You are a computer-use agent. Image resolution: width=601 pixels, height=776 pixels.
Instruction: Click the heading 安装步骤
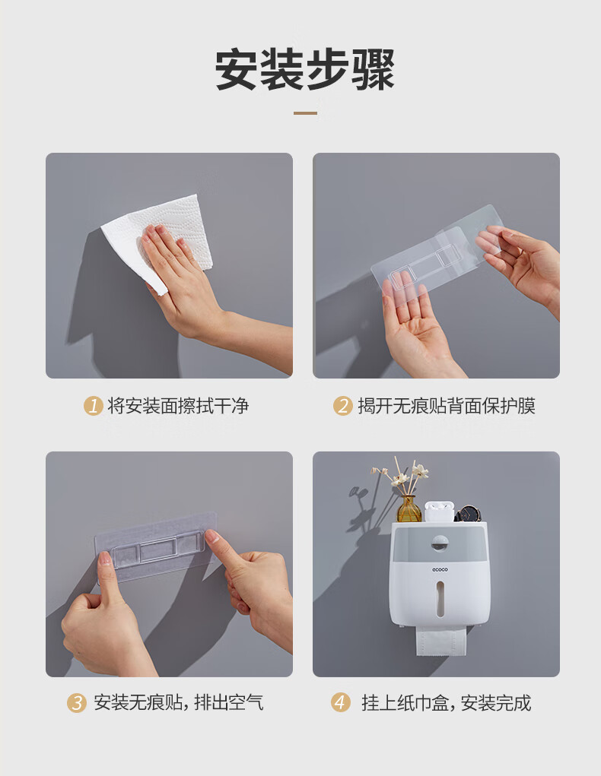pos(305,69)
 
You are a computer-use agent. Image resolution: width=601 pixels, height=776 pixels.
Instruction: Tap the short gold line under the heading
pos(305,113)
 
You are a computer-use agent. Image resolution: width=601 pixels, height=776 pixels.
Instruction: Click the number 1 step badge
pos(93,406)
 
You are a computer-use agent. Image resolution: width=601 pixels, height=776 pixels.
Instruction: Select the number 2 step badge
pos(342,406)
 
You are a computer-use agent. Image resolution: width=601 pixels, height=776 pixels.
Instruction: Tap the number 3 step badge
pos(77,703)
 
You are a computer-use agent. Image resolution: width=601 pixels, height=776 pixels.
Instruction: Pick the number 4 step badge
pos(340,703)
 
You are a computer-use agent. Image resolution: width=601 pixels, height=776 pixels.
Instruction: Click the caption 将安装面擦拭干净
pos(178,406)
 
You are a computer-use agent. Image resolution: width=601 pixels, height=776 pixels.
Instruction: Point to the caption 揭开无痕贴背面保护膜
pos(447,406)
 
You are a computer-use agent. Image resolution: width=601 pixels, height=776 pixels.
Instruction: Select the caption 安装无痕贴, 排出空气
pos(178,703)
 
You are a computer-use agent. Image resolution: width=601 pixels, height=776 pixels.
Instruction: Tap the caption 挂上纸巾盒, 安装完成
pos(446,703)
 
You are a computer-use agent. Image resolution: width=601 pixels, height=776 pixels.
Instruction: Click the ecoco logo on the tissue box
pos(440,569)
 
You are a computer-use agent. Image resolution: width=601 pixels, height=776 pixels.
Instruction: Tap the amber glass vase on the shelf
pos(409,508)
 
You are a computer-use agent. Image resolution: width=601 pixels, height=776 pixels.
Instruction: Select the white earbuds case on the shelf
pos(439,512)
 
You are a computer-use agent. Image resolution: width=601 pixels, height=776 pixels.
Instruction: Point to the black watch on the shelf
pos(467,515)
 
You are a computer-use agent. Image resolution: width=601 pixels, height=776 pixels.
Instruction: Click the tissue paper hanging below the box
pos(442,641)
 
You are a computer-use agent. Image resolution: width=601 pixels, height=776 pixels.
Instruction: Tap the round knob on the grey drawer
pos(440,543)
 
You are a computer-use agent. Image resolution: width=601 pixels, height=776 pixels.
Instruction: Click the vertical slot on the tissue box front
pos(440,599)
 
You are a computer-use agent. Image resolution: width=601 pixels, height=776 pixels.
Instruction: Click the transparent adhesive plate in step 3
pos(156,548)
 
